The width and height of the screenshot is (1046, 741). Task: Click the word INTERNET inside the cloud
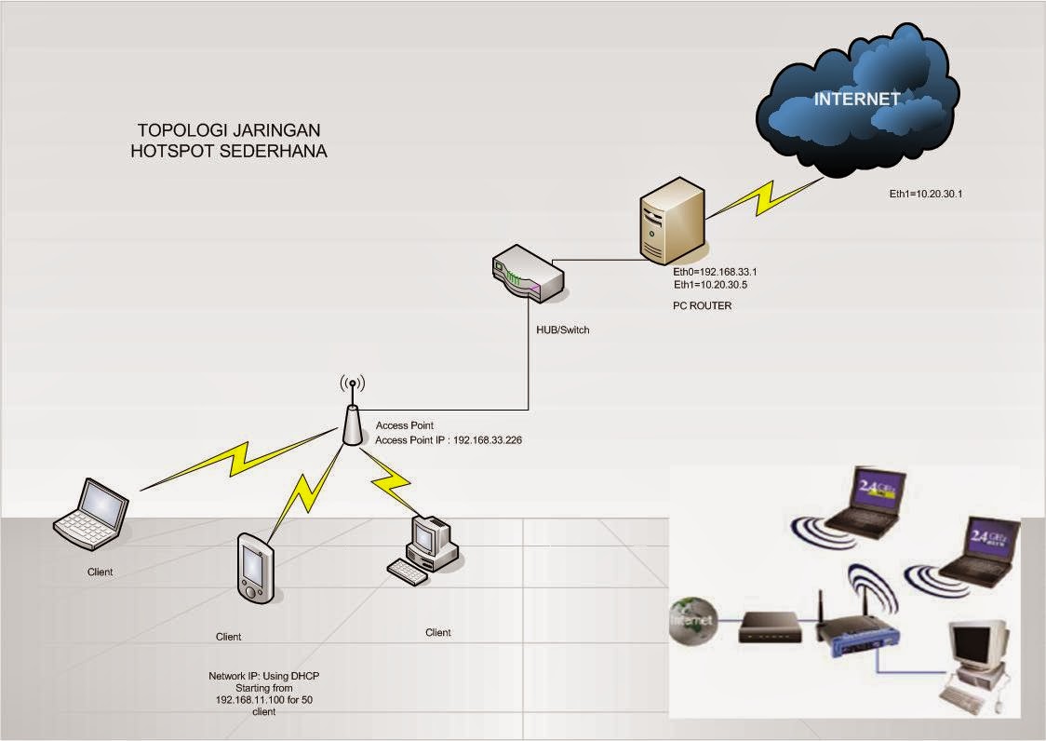point(856,99)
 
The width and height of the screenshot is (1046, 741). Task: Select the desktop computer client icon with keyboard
point(424,550)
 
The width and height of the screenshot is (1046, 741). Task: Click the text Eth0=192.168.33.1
point(722,271)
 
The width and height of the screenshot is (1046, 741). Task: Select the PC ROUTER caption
point(702,305)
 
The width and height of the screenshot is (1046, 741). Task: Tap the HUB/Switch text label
point(562,330)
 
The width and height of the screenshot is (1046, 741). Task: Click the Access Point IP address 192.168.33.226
point(487,439)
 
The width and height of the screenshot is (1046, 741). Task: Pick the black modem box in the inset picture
point(770,627)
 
